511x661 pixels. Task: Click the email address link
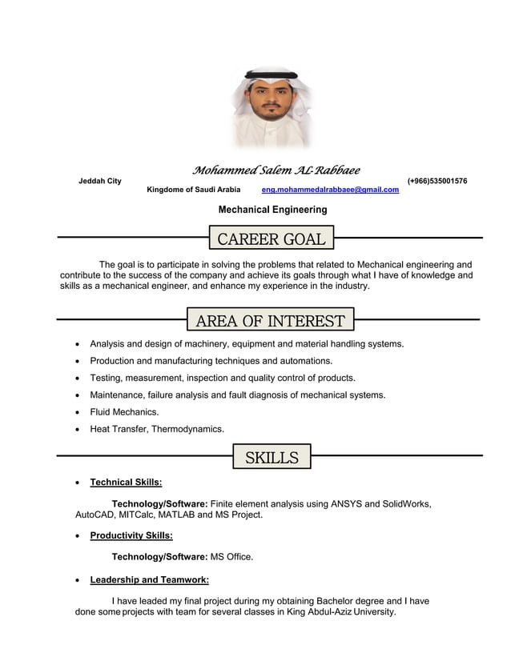330,190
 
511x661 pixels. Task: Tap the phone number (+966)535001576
437,181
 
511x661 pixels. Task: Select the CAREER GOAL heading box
272,238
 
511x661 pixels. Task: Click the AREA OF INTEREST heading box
270,321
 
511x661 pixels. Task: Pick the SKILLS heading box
272,458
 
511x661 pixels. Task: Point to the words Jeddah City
100,181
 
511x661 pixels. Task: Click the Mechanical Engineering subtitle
272,210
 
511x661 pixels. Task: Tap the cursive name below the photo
276,170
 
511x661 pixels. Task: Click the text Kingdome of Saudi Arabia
193,190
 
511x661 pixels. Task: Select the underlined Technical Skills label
126,483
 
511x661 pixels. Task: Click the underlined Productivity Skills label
131,535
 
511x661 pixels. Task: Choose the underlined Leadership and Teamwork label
149,579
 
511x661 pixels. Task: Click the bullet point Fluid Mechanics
124,412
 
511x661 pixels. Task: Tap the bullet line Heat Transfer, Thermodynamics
157,429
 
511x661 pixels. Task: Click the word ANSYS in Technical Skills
346,504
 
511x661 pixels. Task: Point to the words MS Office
231,557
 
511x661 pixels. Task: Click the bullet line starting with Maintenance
237,395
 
